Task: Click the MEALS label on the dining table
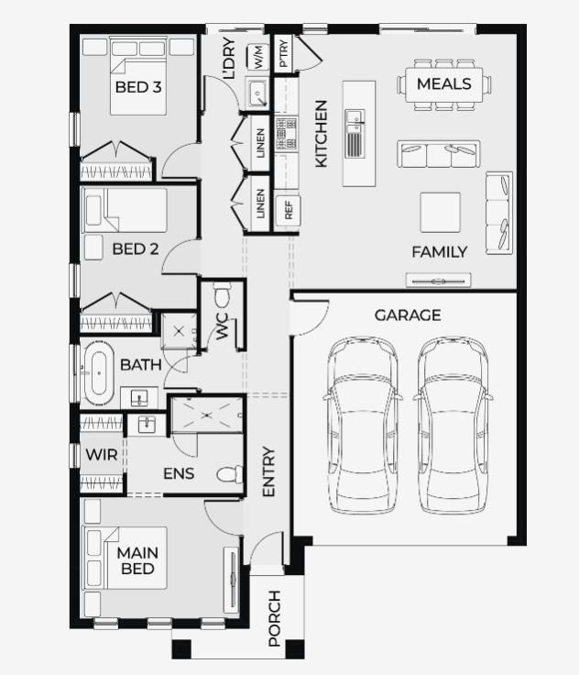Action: pyautogui.click(x=444, y=83)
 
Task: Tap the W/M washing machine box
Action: pyautogui.click(x=257, y=57)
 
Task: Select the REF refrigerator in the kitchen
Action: pyautogui.click(x=288, y=210)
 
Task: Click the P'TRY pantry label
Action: pyautogui.click(x=283, y=53)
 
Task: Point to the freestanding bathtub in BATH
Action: pyautogui.click(x=99, y=372)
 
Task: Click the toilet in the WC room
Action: pyautogui.click(x=222, y=294)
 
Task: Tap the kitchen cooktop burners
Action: pyautogui.click(x=286, y=133)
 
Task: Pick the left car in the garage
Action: pyautogui.click(x=363, y=425)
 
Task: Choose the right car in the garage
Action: pyautogui.click(x=453, y=425)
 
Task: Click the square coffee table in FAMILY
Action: pyautogui.click(x=440, y=213)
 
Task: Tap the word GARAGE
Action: pyautogui.click(x=408, y=315)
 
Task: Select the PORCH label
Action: pyautogui.click(x=275, y=618)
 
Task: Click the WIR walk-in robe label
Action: pyautogui.click(x=102, y=455)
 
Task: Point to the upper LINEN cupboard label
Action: pyautogui.click(x=260, y=143)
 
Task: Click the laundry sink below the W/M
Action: pyautogui.click(x=257, y=93)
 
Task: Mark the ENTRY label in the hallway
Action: pyautogui.click(x=268, y=471)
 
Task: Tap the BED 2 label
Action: pyautogui.click(x=135, y=249)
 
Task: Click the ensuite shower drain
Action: pyautogui.click(x=208, y=415)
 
